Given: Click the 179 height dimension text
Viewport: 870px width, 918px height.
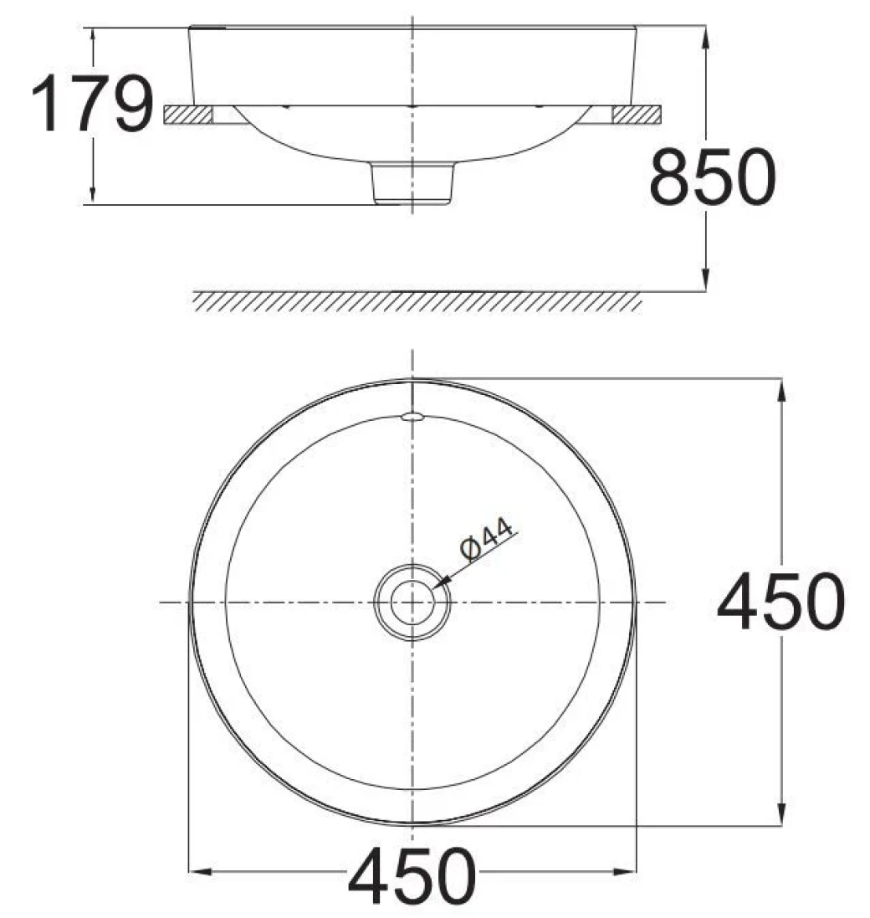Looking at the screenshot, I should (x=92, y=105).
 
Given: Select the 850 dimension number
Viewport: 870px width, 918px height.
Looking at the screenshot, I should (x=713, y=177).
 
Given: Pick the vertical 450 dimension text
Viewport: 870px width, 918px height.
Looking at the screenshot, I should (x=780, y=603).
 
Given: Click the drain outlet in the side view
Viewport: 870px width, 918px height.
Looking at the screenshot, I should (x=413, y=183).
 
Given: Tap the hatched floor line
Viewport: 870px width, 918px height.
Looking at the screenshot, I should (x=417, y=301).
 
